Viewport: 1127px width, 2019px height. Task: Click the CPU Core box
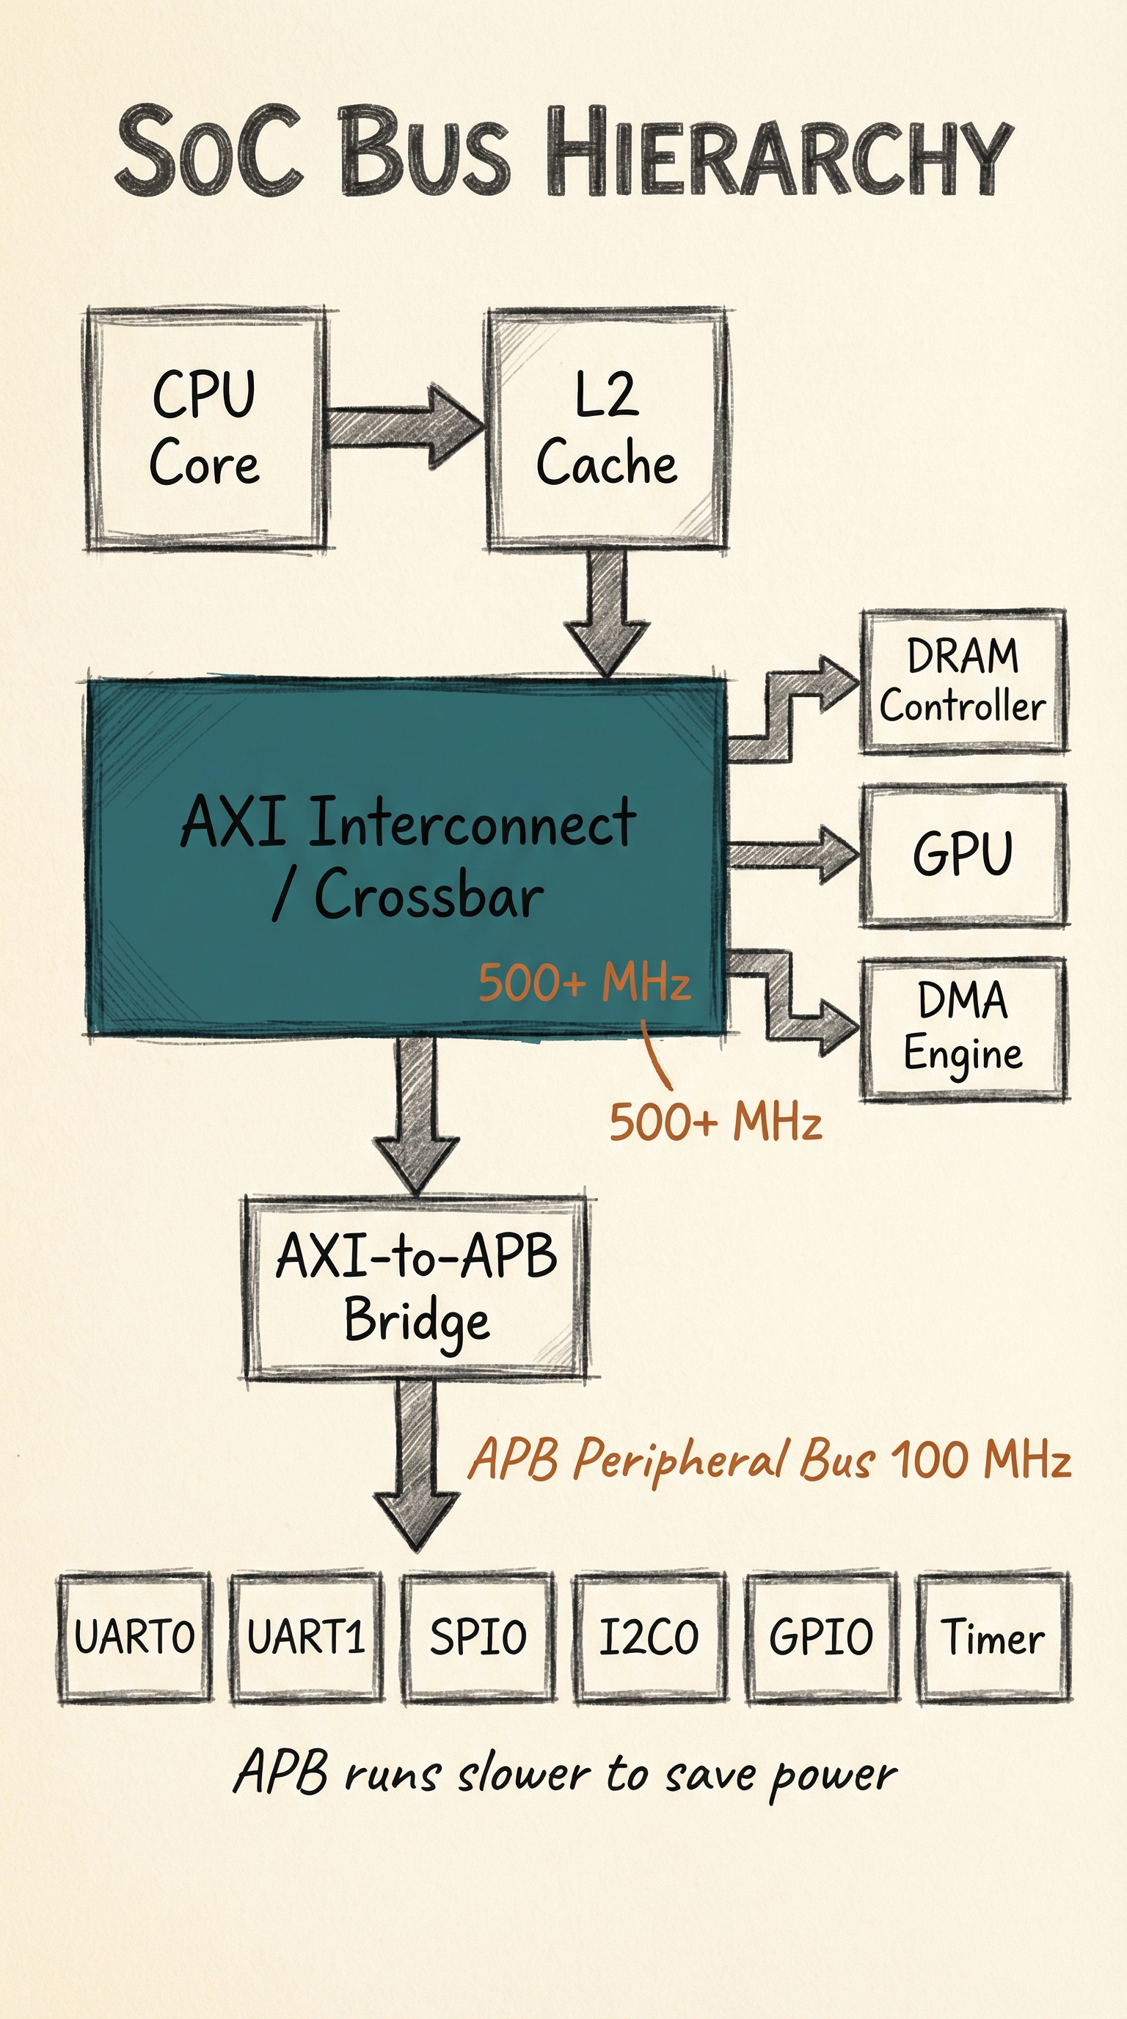point(205,428)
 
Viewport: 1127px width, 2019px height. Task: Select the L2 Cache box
point(607,428)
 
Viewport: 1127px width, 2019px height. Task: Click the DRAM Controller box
point(963,681)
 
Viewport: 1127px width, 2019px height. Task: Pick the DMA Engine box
point(963,1029)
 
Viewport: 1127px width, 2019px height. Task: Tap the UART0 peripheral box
point(135,1638)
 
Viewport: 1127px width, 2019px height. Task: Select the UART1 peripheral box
point(307,1638)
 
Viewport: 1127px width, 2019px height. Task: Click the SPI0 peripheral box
point(478,1638)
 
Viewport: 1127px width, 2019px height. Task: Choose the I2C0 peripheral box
point(649,1638)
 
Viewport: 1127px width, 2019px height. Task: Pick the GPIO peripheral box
point(821,1638)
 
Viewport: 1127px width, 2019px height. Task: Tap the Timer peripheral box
point(993,1638)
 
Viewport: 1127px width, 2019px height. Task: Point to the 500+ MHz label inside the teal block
point(585,982)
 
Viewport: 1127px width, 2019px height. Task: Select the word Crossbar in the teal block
point(428,895)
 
